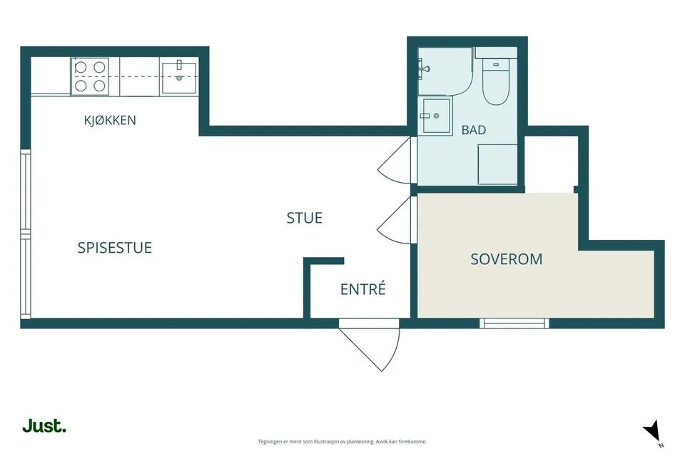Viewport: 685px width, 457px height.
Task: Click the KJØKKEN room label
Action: point(110,120)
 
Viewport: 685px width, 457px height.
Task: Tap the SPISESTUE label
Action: point(114,248)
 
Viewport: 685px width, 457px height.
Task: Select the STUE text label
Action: point(305,218)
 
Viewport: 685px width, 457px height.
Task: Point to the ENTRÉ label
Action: point(363,289)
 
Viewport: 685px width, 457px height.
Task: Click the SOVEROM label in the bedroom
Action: point(507,259)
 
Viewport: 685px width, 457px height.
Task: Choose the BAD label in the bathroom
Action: point(474,130)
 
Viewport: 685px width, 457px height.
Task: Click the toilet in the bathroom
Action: point(496,81)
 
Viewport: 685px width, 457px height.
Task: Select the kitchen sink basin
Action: point(179,79)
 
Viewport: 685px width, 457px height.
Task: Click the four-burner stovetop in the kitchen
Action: point(90,76)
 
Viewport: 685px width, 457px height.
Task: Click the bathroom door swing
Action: point(395,161)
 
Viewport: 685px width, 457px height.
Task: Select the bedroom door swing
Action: point(395,220)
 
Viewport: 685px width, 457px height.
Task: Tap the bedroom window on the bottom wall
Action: point(514,323)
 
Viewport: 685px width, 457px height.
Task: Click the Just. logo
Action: point(44,426)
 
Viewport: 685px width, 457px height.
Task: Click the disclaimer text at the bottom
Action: point(342,442)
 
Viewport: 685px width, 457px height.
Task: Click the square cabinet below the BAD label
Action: point(497,164)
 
